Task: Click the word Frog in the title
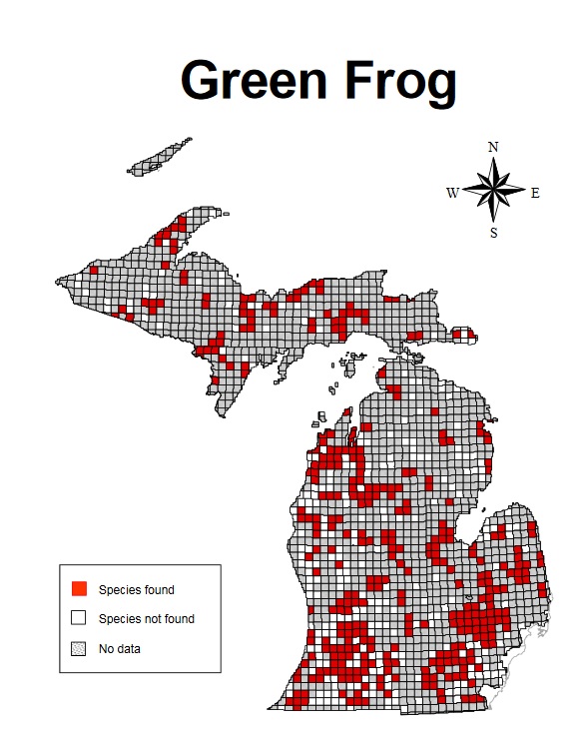pos(400,80)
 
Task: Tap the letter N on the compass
pos(493,147)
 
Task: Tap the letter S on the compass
pos(493,233)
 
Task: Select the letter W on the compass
pos(452,193)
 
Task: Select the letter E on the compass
pos(535,193)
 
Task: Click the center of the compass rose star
pos(494,190)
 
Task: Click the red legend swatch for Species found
pos(80,589)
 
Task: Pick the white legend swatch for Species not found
pos(80,618)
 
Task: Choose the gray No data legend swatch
pos(80,648)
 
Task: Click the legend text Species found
pos(136,590)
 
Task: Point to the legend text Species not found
pos(146,619)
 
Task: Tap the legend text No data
pos(119,649)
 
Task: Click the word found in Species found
pos(157,590)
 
